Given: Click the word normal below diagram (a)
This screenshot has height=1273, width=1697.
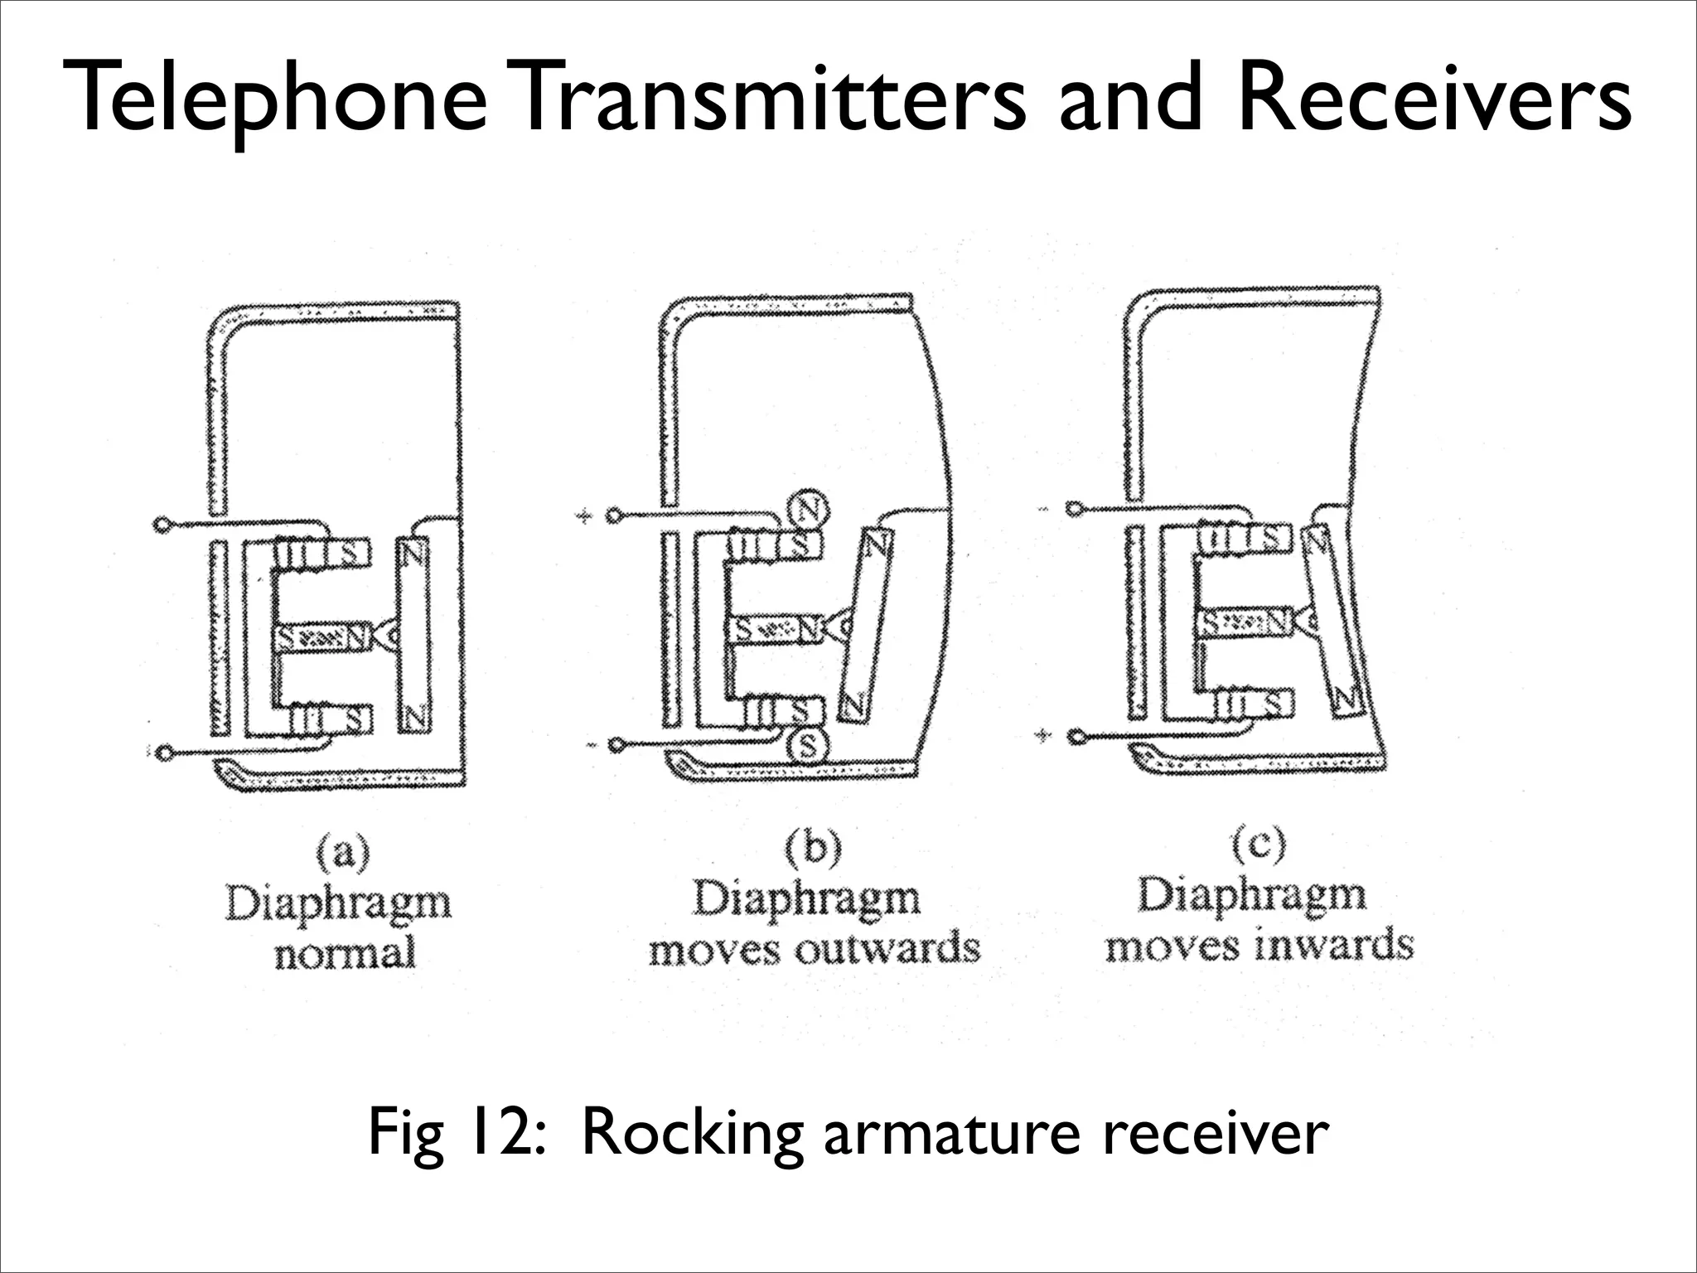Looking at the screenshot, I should pos(345,952).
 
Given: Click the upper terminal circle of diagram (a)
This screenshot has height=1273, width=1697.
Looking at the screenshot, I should pos(162,525).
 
